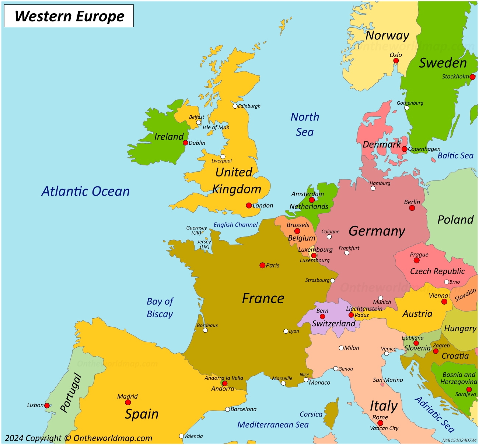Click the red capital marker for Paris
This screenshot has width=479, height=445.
(262, 265)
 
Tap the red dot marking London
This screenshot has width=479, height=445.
(249, 206)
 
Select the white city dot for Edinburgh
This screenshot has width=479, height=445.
(235, 106)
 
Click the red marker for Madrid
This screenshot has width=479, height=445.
(128, 402)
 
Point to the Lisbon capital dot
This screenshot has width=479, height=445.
(47, 406)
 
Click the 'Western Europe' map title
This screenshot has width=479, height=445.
(69, 16)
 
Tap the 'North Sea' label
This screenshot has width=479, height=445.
(305, 125)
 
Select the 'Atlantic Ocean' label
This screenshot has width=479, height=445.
(85, 191)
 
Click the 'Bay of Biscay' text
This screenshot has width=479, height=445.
(160, 308)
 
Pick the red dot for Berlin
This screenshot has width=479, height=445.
(412, 208)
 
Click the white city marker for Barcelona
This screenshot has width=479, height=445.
(227, 409)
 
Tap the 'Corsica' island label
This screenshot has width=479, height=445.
(311, 414)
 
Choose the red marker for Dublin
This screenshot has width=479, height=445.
(185, 143)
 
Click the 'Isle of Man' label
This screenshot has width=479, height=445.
(216, 127)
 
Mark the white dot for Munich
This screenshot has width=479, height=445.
(381, 298)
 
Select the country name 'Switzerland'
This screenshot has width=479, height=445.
(334, 323)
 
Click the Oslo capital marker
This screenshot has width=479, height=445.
(396, 61)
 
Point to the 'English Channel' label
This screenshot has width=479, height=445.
(235, 225)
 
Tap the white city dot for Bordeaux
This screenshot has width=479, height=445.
(205, 330)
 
